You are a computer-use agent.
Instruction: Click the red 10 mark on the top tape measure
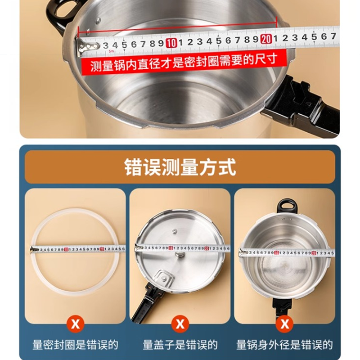coord(171,43)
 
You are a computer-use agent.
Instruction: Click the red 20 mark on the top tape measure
coord(266,39)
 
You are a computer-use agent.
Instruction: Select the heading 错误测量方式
coord(180,167)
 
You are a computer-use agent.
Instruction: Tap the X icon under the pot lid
coord(180,323)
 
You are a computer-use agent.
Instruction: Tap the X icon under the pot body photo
coord(284,323)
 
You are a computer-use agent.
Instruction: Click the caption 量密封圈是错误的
coord(75,345)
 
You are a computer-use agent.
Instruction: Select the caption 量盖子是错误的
coord(180,345)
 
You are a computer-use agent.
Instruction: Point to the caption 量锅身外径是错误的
coord(284,345)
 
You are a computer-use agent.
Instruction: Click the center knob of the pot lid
coord(180,256)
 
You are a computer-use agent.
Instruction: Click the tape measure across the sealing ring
coord(76,249)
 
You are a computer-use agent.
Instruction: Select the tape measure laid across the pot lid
coord(180,247)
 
